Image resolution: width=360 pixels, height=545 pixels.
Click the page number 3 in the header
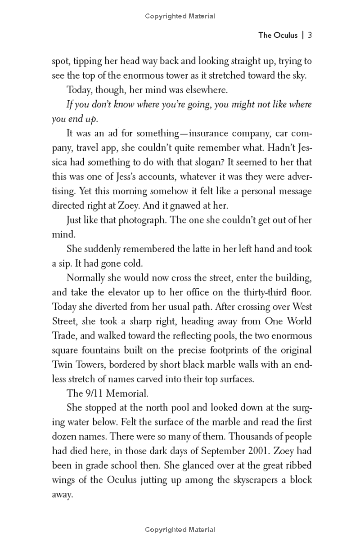(310, 36)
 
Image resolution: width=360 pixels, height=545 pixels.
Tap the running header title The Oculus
(278, 36)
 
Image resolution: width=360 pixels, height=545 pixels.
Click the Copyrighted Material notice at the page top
(180, 16)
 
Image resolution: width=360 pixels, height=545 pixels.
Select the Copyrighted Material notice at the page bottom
(180, 530)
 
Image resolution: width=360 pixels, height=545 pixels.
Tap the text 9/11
(80, 393)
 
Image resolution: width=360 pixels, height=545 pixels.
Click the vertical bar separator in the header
(303, 36)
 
